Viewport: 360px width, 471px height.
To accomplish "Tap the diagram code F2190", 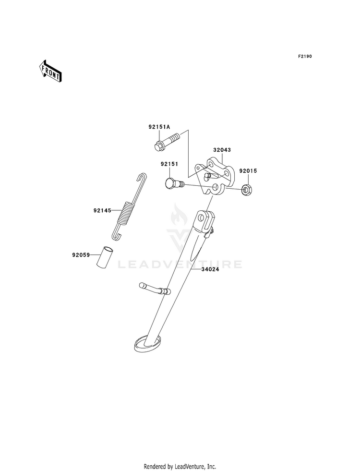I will coord(305,57).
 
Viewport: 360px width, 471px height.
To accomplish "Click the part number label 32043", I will coord(222,150).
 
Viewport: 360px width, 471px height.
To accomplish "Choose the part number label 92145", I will coord(102,210).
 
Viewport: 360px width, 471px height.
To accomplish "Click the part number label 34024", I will coord(210,269).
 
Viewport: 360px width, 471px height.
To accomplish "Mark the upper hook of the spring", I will coord(142,177).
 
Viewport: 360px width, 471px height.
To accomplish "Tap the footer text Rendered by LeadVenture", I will coord(180,466).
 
